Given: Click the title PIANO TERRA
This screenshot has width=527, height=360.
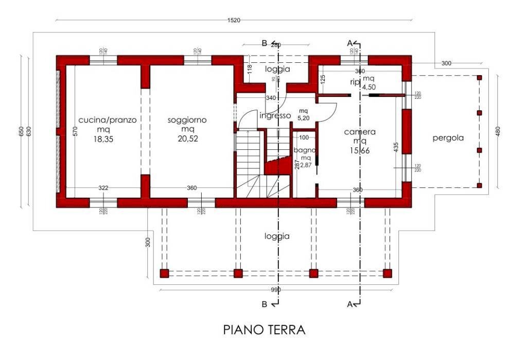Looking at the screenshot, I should (264, 330).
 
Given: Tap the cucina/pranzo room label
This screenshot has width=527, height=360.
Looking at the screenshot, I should (108, 120).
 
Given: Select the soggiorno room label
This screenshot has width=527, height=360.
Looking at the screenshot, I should (187, 120).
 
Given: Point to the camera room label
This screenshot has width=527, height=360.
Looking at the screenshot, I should (360, 132).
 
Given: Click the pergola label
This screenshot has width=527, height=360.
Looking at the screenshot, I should (448, 138).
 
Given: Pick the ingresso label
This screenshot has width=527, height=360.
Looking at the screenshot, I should (275, 115).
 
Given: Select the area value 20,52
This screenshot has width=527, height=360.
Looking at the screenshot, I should (187, 139).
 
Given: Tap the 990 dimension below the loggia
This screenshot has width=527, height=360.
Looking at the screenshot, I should (276, 290).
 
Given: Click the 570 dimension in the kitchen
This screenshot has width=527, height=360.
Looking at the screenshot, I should (75, 131).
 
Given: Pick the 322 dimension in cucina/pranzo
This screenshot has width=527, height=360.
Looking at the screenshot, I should (103, 188).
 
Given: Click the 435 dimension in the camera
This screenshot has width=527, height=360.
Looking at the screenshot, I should (396, 146).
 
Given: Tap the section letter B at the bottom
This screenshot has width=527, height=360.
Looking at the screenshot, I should (265, 304).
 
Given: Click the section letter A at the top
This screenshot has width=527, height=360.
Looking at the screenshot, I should (350, 42).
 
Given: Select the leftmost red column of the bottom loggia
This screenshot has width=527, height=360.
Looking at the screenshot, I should (164, 273).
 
